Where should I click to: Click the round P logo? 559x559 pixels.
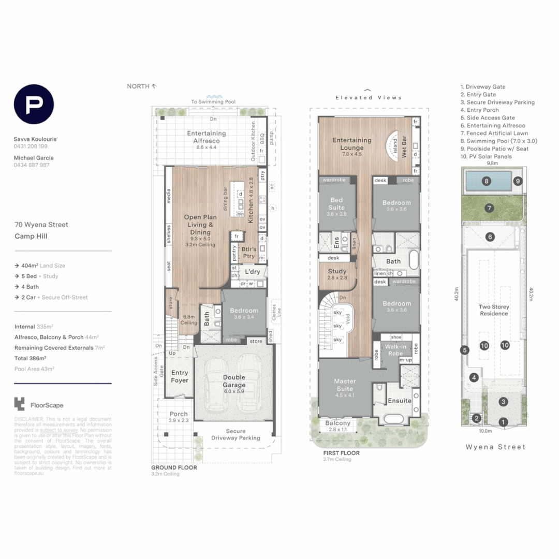[34, 105]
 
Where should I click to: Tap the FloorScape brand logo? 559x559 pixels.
[39, 405]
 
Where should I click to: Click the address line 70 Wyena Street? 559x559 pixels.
[41, 225]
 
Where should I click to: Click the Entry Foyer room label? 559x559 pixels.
[180, 376]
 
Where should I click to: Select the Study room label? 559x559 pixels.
[337, 274]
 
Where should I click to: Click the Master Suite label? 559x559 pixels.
[345, 385]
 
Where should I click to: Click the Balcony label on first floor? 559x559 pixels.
[338, 423]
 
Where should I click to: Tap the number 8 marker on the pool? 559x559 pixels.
[486, 181]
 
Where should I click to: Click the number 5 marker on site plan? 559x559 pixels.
[465, 350]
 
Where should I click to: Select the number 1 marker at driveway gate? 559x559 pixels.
[502, 422]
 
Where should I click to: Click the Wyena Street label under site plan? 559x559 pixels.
[495, 447]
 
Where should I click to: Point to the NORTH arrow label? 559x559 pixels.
[141, 86]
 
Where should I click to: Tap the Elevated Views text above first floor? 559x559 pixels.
[368, 97]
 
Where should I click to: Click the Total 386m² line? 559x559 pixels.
[31, 358]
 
